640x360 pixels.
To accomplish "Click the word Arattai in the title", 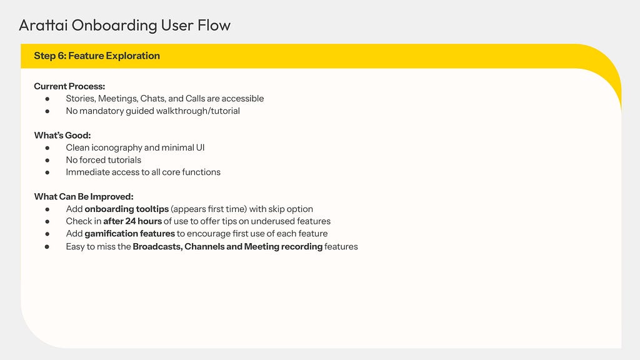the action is pos(43,25).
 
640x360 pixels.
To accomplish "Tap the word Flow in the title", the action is pos(214,25).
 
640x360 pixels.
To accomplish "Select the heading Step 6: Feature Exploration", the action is pos(97,56).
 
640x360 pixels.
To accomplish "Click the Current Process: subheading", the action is pos(69,86).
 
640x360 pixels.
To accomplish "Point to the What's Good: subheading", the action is pos(62,135).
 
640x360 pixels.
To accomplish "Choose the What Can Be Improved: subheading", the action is pos(84,196).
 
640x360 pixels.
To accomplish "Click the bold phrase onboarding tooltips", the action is pos(126,209).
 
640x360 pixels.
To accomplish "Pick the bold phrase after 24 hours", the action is pos(132,221).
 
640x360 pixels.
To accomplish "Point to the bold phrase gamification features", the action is pos(130,234).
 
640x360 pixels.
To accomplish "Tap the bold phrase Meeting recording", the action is pos(283,246).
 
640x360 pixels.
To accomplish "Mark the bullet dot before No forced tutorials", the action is pos(47,161).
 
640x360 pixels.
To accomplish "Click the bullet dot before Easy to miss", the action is pos(47,247).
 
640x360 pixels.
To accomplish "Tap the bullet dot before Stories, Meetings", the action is pos(47,99).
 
